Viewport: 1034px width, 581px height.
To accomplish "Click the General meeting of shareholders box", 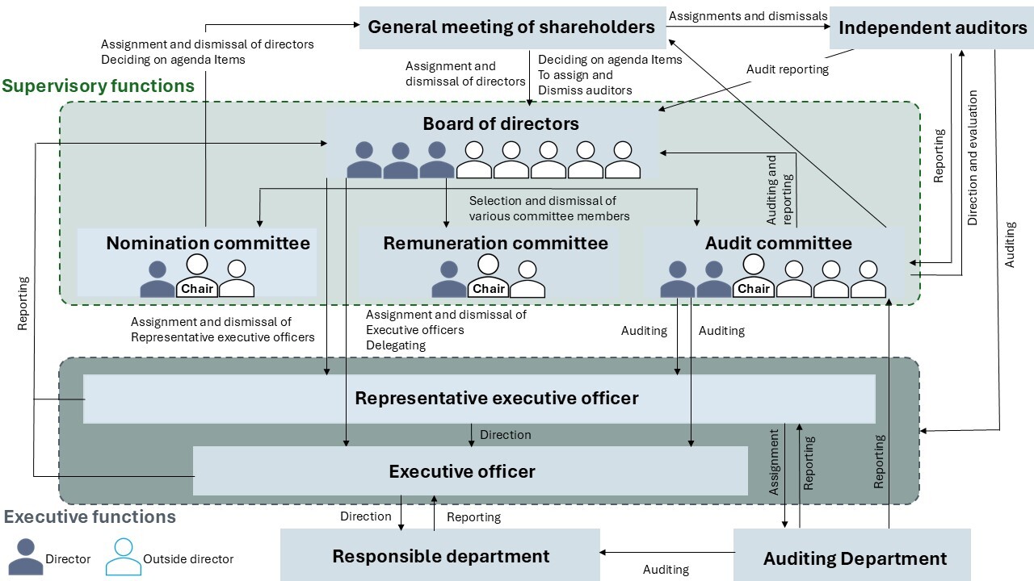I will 511,27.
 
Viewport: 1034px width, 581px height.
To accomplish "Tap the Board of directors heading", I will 501,124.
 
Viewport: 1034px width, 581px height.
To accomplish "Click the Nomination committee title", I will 208,243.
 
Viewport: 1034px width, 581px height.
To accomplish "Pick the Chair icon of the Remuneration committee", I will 488,276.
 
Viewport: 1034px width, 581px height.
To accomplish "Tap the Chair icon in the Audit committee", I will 753,276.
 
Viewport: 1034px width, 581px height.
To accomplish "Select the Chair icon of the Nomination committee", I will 197,276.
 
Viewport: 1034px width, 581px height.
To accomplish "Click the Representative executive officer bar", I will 496,399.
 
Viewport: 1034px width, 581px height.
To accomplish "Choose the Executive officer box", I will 462,471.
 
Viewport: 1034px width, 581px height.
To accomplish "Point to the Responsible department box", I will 440,556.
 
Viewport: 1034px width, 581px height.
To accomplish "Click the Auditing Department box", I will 855,558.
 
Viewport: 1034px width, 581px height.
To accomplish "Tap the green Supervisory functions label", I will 98,86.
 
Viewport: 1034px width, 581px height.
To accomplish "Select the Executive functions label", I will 90,516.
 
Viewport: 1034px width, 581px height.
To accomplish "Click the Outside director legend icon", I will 123,556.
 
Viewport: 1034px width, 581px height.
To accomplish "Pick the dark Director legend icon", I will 25,556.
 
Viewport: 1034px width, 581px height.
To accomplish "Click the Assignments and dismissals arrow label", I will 748,15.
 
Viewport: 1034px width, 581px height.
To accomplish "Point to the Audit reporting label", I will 787,69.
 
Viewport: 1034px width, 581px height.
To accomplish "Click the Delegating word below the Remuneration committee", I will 395,345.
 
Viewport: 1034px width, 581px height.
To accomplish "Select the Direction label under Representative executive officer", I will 505,435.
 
